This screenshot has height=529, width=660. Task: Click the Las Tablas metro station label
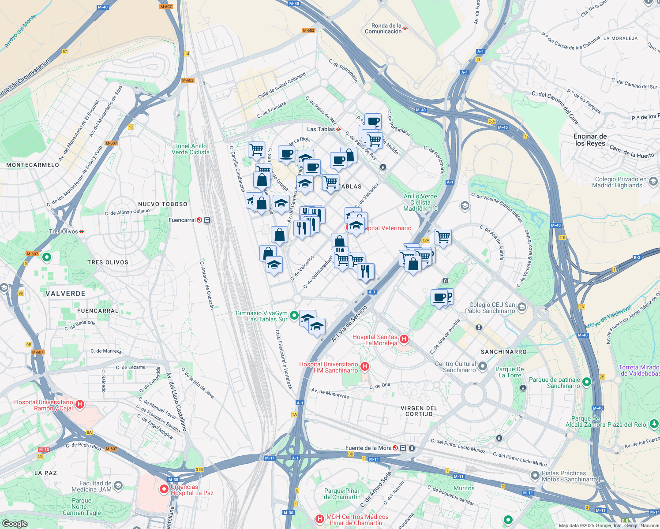coord(321,129)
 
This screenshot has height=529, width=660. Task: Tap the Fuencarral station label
coord(182,220)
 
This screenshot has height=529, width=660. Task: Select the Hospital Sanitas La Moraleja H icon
coord(404,339)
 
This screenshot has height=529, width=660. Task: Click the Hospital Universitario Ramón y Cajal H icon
coord(80,404)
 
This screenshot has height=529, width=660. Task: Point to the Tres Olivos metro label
coord(64,231)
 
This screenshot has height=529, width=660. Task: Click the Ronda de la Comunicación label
coord(383,29)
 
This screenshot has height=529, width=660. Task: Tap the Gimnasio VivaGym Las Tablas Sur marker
coord(294,317)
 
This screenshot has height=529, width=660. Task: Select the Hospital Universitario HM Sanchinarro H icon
coord(365,366)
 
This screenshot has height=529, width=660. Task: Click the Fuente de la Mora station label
coord(368,448)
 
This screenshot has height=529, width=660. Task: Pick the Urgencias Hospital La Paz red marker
coord(164,488)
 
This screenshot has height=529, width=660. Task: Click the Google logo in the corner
coord(15,523)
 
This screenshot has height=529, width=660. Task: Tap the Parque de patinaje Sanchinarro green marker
coord(587,382)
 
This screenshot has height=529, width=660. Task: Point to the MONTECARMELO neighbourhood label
coord(33,165)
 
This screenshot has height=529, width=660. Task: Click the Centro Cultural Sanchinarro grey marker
coord(483,366)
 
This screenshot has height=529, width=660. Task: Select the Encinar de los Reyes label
coord(590,140)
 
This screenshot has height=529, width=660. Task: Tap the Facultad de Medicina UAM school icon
coord(118,486)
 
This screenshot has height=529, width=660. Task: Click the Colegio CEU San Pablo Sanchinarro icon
coord(522,307)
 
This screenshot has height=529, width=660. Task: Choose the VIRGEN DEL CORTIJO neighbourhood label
coord(419,411)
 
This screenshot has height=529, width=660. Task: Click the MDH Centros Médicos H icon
coord(320,519)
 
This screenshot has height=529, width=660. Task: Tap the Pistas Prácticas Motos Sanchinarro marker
coord(535,476)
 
